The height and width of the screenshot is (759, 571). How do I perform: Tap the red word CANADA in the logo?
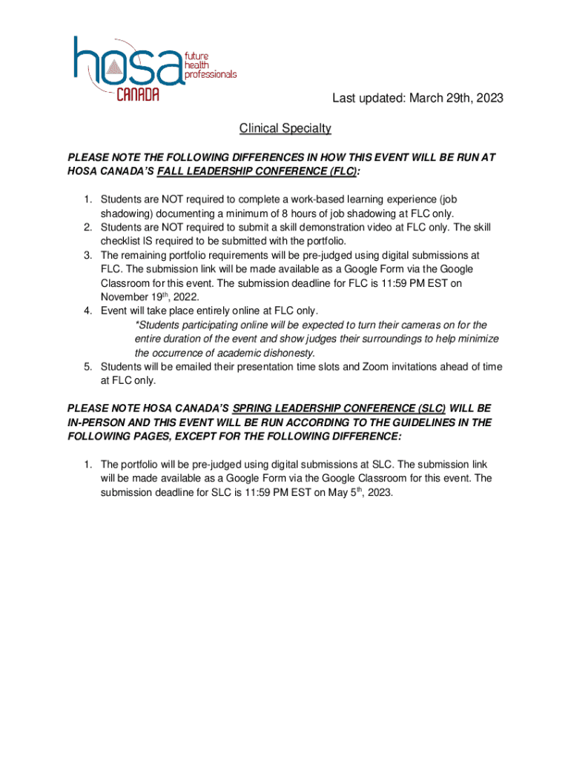pyautogui.click(x=138, y=95)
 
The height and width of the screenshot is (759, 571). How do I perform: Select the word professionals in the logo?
pyautogui.click(x=211, y=75)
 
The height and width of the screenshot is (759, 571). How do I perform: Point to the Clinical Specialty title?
pyautogui.click(x=285, y=129)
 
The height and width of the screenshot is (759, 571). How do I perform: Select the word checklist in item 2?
pyautogui.click(x=122, y=241)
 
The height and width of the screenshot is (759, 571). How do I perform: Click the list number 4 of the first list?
pyautogui.click(x=87, y=311)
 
